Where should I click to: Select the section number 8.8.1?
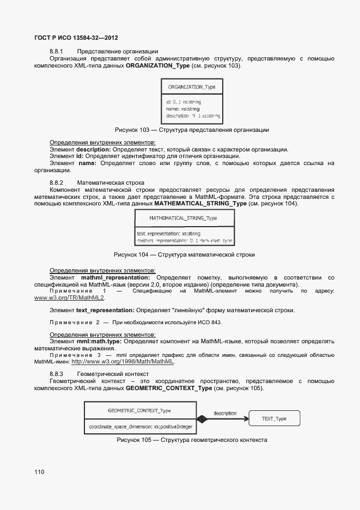tap(57, 51)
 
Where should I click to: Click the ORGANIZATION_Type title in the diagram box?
tap(191, 87)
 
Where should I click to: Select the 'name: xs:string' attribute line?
tap(183, 109)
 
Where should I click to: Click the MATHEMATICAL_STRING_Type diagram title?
tap(183, 218)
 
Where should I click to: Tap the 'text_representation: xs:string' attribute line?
tap(169, 233)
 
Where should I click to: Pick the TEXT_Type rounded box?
tap(273, 418)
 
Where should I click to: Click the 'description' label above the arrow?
tap(224, 412)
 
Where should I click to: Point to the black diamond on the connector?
tap(202, 419)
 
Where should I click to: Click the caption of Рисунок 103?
tap(184, 130)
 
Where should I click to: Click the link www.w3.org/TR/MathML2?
tap(69, 298)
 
